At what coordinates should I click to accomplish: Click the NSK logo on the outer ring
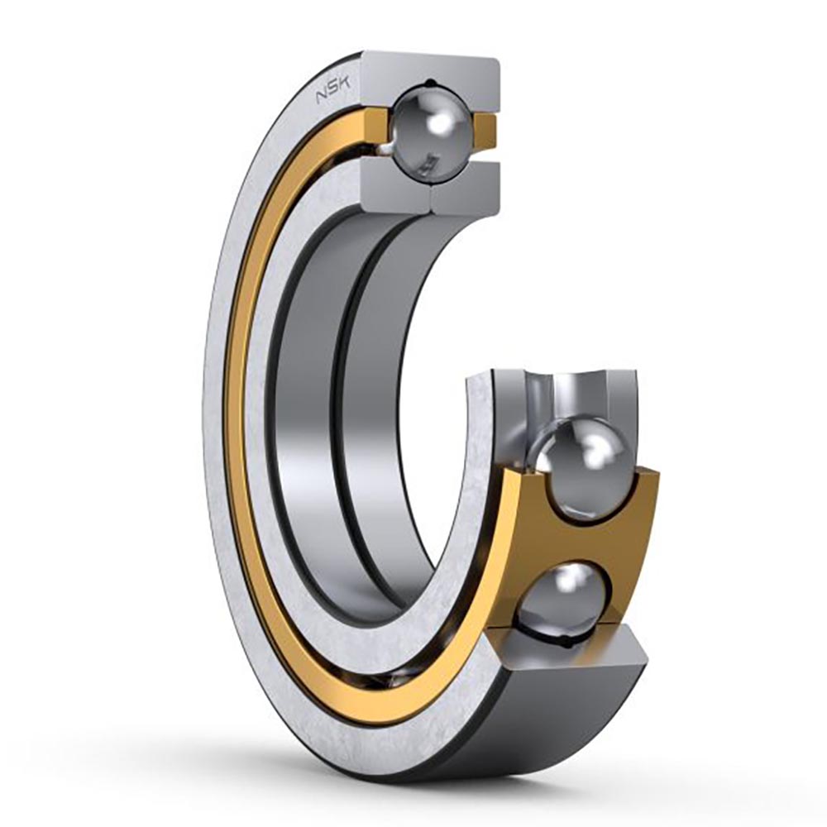pos(329,93)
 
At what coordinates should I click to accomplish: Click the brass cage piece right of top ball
pos(485,131)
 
